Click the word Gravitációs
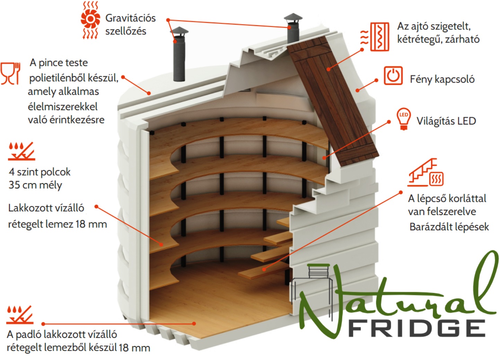[130, 18]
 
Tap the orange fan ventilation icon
[90, 20]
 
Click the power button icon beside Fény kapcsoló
[393, 75]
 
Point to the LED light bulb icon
[404, 119]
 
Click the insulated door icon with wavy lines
[375, 37]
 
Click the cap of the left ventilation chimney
[179, 31]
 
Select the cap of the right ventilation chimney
[293, 17]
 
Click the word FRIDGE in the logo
[417, 328]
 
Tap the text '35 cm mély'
[35, 185]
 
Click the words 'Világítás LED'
[446, 121]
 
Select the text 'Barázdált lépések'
[449, 227]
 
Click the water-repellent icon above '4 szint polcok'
[21, 151]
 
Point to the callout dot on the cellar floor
[194, 323]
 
